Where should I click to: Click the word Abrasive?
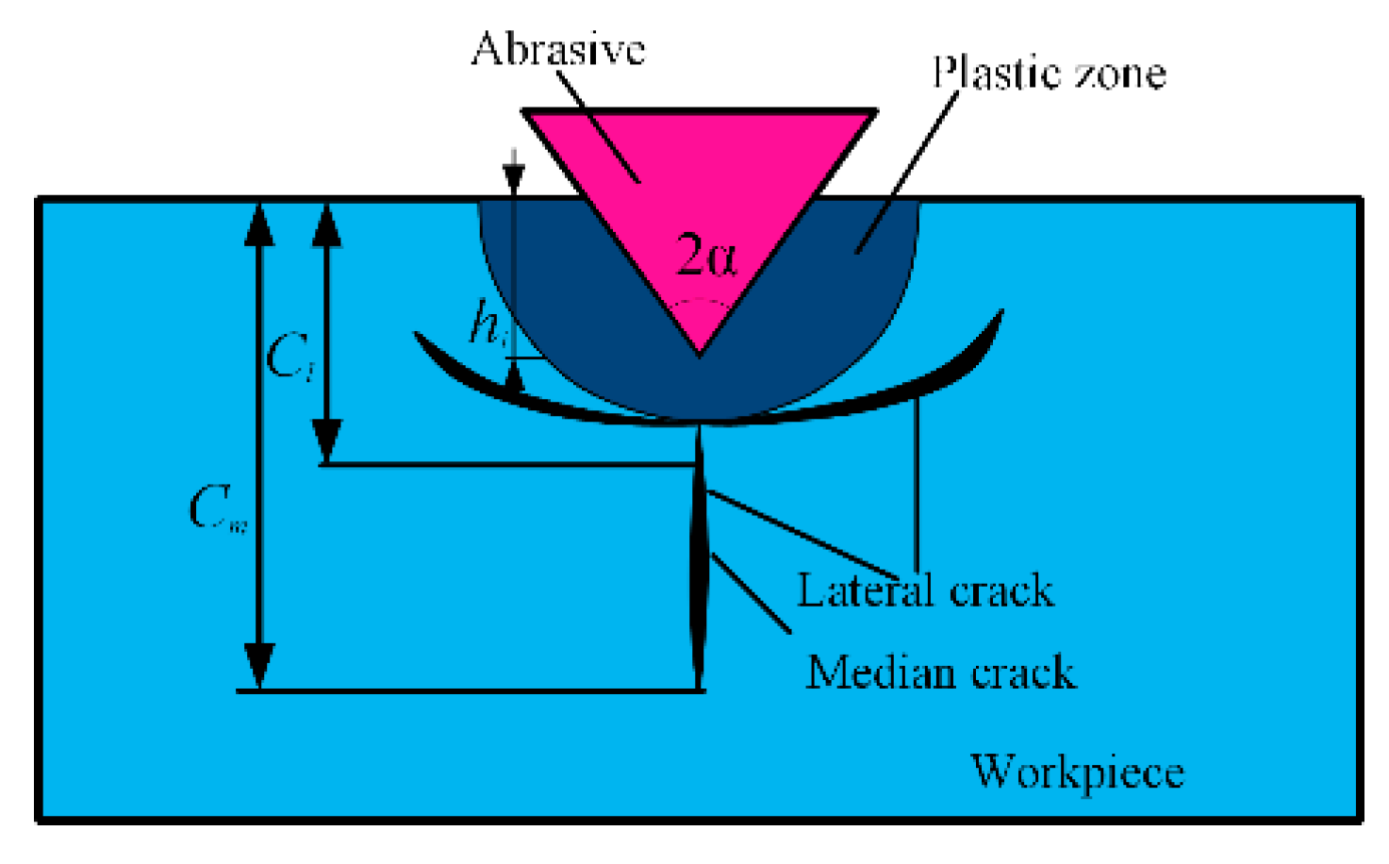(557, 49)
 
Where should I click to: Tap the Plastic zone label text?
(1049, 74)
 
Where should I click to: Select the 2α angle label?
(706, 256)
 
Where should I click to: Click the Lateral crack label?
(925, 591)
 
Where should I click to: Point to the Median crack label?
(940, 673)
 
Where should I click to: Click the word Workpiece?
(1077, 772)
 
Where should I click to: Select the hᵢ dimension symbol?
(487, 324)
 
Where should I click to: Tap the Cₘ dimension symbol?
(217, 510)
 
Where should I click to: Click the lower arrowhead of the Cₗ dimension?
(326, 441)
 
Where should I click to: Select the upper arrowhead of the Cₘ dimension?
(259, 224)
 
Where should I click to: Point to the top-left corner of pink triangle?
(526, 112)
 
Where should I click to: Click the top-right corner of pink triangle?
(874, 112)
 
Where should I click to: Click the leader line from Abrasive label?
(599, 123)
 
